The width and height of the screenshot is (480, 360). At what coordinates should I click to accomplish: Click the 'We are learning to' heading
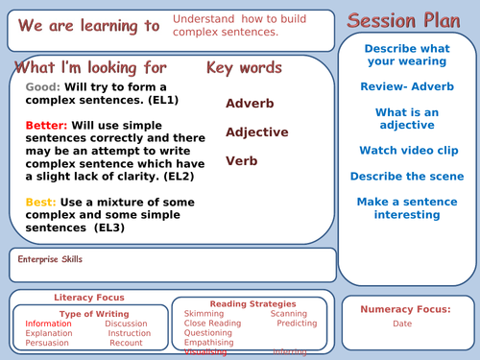84,26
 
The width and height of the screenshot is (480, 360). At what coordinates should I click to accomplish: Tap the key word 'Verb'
244,161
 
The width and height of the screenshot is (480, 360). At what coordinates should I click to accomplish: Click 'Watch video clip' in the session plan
408,151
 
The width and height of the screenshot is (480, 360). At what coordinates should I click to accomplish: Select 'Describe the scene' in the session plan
408,177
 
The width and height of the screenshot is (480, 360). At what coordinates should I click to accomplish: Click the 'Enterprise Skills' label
51,259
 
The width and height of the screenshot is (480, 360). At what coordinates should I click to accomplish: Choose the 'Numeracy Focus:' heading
405,309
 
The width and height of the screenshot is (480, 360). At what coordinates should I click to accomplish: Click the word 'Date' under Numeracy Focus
403,324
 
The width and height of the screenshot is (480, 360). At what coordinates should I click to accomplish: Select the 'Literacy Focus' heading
88,298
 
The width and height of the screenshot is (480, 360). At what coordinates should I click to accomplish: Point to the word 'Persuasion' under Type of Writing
47,343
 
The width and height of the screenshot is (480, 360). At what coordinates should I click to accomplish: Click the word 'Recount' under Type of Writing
126,343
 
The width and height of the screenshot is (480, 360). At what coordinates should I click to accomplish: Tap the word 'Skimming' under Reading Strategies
204,314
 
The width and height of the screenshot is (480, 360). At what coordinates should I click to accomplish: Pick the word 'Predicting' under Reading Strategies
297,324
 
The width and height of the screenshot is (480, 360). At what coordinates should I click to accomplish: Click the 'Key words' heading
244,68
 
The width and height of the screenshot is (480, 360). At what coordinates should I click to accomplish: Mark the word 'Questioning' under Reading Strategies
208,333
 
